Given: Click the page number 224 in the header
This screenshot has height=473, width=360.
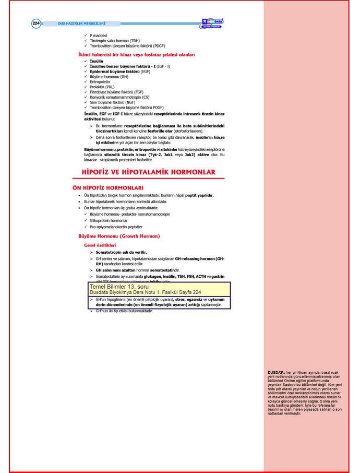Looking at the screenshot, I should point(36,23).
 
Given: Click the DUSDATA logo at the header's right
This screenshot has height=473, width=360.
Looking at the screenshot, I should point(213,22).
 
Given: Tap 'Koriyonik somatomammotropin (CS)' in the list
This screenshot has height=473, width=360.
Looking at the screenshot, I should point(119,97).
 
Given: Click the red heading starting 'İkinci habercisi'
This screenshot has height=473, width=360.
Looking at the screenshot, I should point(136,54).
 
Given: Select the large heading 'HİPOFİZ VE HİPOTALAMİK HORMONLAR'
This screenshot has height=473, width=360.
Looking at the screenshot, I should point(149,172).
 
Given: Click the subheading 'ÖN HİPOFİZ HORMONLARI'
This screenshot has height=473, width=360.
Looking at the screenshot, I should point(107,187).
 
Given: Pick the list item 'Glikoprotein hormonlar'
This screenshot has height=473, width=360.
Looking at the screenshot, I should point(109,220).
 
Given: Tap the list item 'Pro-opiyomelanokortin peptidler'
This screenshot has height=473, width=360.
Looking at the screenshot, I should point(116,227).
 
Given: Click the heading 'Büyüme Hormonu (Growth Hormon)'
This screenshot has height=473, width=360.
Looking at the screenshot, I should point(118,236).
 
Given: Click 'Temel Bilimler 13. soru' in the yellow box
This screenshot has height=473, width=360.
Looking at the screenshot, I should point(119,287).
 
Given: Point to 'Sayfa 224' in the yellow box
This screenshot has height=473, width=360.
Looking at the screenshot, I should point(189,292).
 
